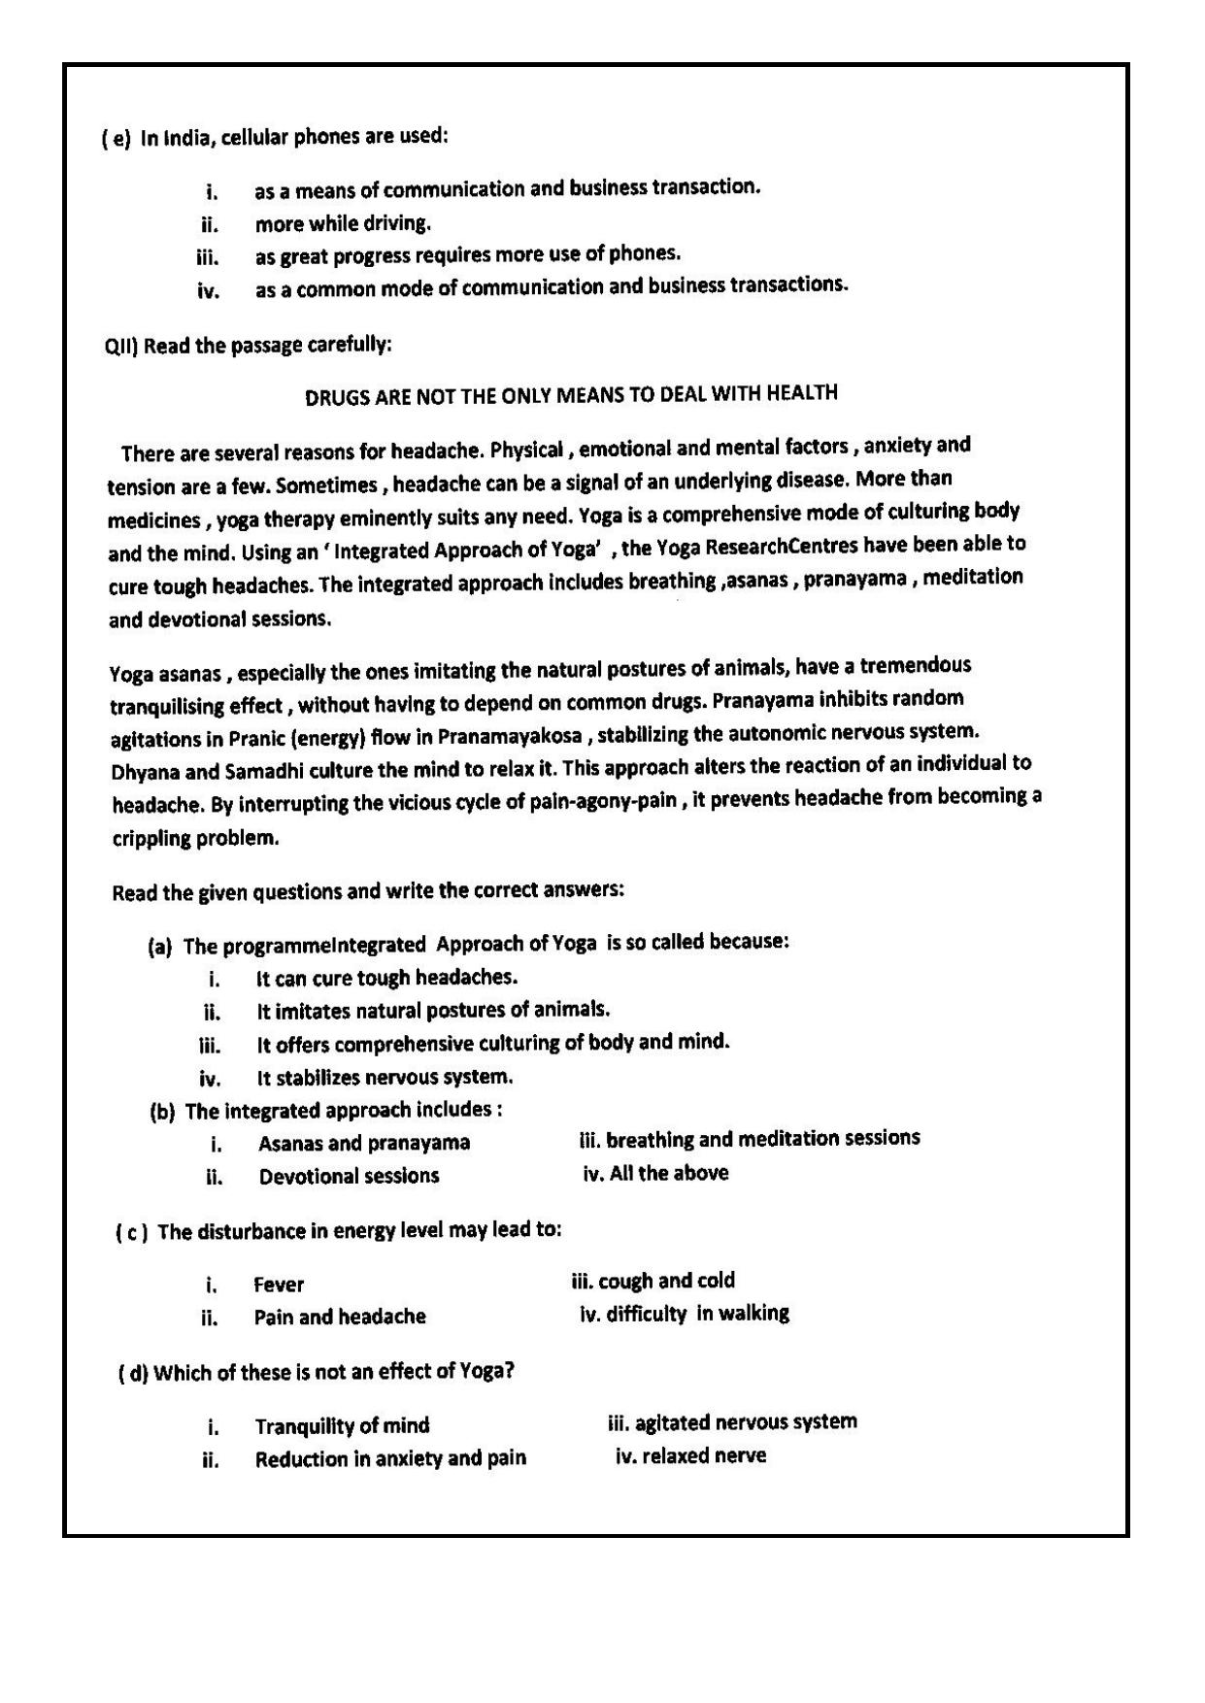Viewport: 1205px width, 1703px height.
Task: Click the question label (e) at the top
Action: (x=116, y=139)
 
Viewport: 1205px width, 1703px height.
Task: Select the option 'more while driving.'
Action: (x=342, y=224)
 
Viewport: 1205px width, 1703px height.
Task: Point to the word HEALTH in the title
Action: (x=801, y=392)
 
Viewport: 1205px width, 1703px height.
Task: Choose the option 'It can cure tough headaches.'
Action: (x=386, y=978)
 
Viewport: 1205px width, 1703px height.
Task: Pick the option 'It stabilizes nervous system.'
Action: (x=385, y=1078)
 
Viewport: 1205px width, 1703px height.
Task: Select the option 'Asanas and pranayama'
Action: (x=364, y=1144)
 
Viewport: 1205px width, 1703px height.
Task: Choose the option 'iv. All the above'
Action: (x=655, y=1174)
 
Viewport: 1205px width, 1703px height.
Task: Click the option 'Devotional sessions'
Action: (x=349, y=1177)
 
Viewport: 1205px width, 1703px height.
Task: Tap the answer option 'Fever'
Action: (x=279, y=1286)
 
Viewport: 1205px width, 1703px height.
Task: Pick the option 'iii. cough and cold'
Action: (x=653, y=1281)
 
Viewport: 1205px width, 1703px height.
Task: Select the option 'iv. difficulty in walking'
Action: (x=684, y=1315)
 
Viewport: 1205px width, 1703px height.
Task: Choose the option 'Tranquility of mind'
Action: (x=342, y=1426)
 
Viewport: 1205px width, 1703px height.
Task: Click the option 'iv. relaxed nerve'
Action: (x=690, y=1456)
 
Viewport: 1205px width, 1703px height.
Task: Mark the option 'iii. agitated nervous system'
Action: (x=732, y=1423)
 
